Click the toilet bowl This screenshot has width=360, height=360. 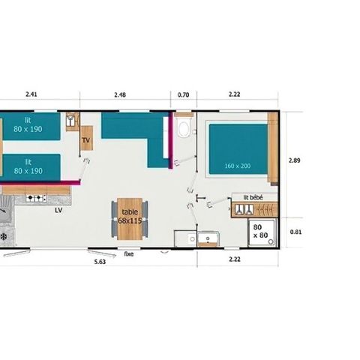184,129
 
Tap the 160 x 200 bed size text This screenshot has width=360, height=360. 236,165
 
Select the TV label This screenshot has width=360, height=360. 86,140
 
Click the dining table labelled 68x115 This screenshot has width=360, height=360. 128,217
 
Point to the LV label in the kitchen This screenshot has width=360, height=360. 58,211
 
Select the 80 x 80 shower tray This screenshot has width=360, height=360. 262,230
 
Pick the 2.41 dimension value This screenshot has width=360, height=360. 31,94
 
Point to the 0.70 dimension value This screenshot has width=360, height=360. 184,94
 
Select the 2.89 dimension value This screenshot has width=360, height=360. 295,160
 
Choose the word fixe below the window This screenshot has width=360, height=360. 129,255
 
